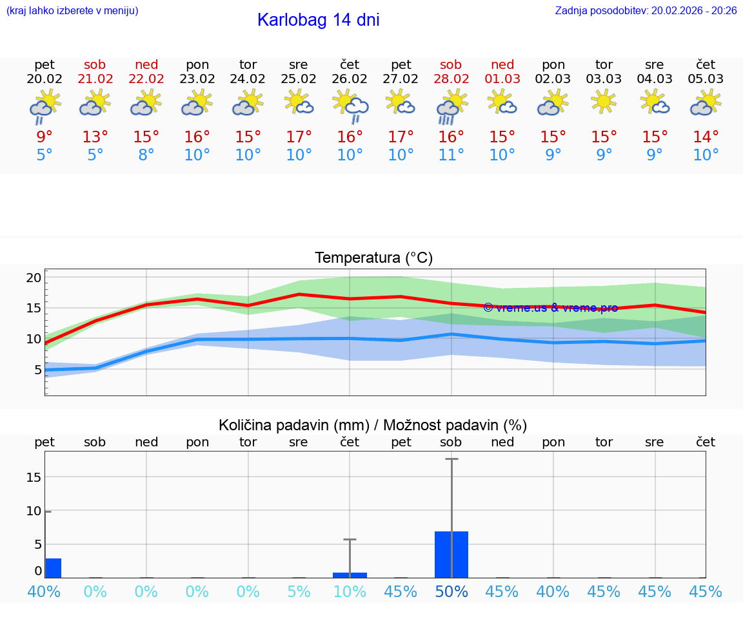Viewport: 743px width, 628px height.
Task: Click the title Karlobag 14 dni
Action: click(x=318, y=20)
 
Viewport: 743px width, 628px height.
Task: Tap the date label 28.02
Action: click(x=451, y=79)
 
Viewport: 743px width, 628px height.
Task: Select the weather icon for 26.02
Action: click(x=350, y=106)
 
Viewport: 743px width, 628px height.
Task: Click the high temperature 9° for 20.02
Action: click(x=45, y=137)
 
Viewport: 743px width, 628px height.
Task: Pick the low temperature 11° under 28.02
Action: click(x=451, y=155)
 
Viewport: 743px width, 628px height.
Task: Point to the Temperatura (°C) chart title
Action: click(x=373, y=258)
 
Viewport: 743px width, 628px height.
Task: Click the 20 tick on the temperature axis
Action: click(x=34, y=278)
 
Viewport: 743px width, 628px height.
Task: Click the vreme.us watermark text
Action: click(x=550, y=308)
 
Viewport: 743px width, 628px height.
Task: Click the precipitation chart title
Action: click(x=373, y=425)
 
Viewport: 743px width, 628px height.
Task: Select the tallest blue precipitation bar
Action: click(x=451, y=554)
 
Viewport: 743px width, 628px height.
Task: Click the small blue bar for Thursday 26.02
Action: click(x=350, y=575)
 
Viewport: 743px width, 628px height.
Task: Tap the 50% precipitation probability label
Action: click(x=451, y=592)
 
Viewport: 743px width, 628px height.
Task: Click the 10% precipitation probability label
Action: click(x=350, y=592)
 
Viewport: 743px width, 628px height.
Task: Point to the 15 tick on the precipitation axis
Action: click(x=34, y=477)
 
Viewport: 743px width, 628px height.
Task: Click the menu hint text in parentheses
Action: click(x=72, y=11)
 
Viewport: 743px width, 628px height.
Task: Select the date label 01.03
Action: click(x=502, y=79)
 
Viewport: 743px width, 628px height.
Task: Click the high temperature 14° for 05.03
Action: click(x=706, y=137)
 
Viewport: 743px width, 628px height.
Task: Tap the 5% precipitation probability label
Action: click(x=299, y=592)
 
